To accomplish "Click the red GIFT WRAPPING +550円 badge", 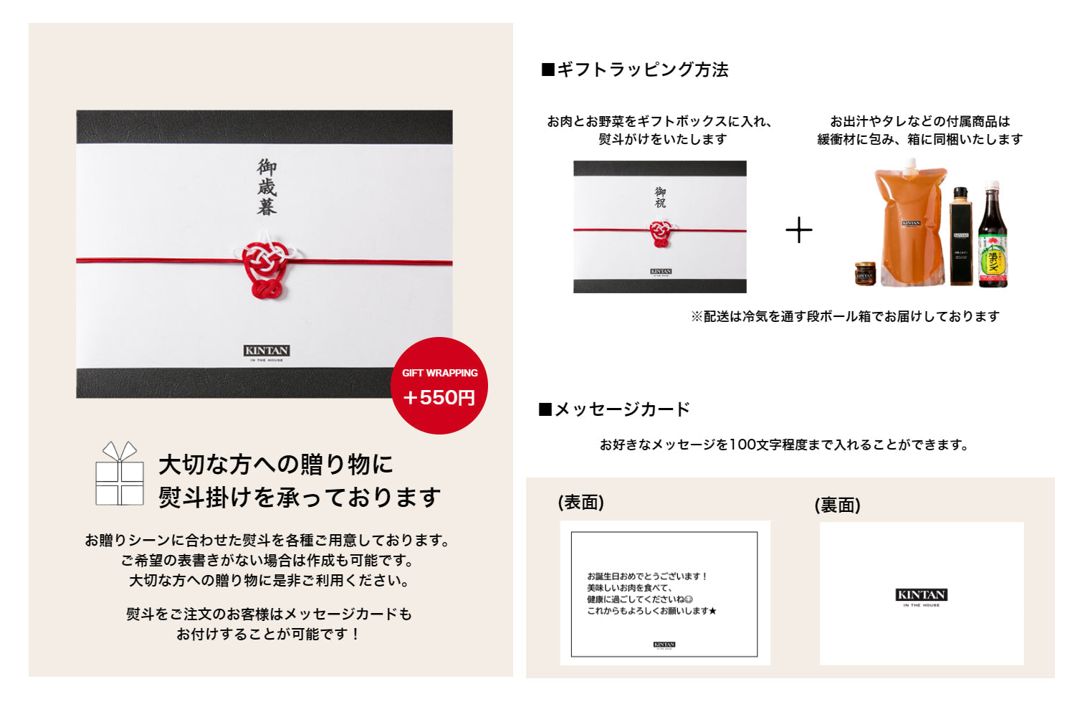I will pyautogui.click(x=439, y=386).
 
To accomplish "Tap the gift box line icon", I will pyautogui.click(x=120, y=474).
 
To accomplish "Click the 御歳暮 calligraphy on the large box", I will pyautogui.click(x=267, y=187).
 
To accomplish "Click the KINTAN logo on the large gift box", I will pyautogui.click(x=267, y=351).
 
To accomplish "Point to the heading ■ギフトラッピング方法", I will pyautogui.click(x=635, y=70).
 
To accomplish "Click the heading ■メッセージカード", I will pyautogui.click(x=614, y=409).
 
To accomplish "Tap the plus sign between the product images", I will pyautogui.click(x=798, y=230).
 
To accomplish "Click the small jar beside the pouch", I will pyautogui.click(x=865, y=274).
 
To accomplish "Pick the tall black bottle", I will pyautogui.click(x=960, y=237).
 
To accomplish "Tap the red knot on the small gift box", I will pyautogui.click(x=660, y=233).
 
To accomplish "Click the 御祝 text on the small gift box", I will pyautogui.click(x=660, y=197).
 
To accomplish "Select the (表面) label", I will pyautogui.click(x=581, y=503).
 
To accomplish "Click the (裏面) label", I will pyautogui.click(x=837, y=505).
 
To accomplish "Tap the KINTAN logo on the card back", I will pyautogui.click(x=921, y=596).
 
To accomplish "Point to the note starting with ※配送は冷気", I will pyautogui.click(x=845, y=316).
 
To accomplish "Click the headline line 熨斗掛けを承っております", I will pyautogui.click(x=300, y=497).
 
